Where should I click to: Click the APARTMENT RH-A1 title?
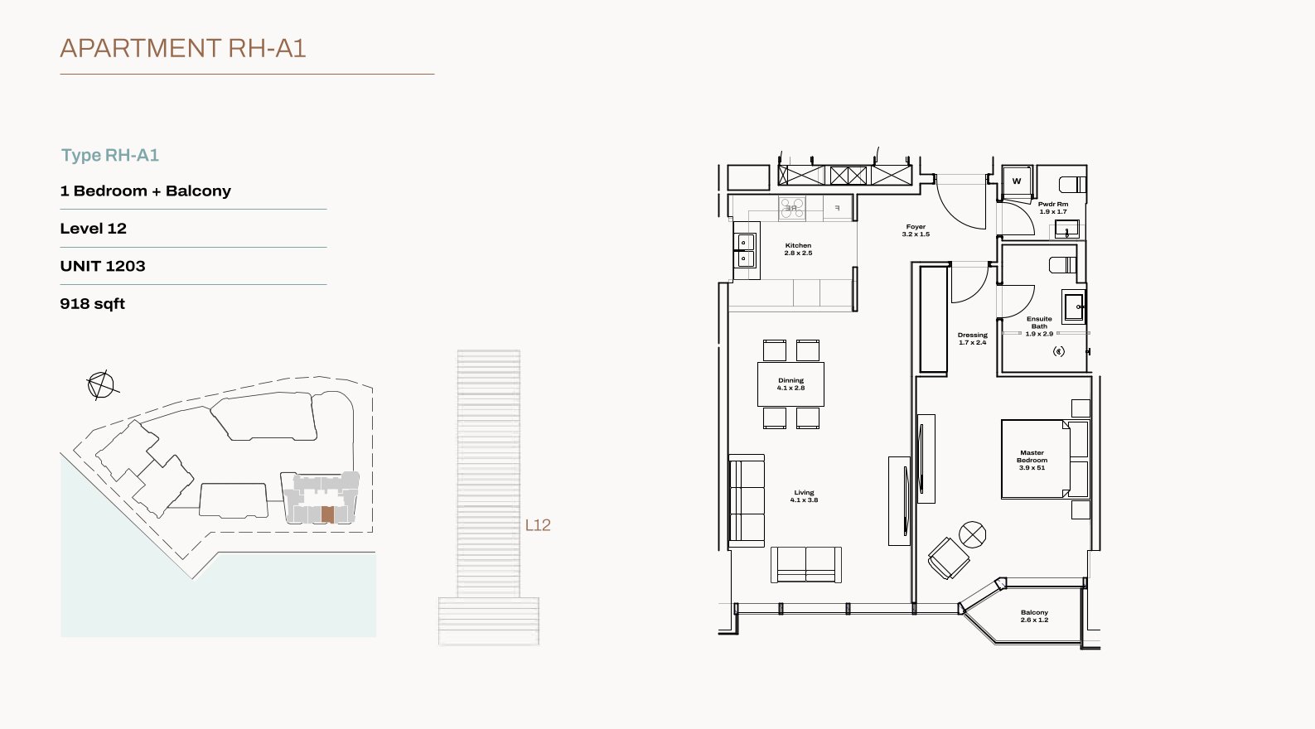183,48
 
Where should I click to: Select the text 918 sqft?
92,303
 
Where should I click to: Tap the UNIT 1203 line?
103,266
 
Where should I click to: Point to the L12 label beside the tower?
538,525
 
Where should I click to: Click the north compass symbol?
101,385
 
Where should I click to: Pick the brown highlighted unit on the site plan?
327,514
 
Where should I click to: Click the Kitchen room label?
799,249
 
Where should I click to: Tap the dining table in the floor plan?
790,384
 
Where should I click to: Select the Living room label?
804,496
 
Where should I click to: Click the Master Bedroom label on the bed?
1032,460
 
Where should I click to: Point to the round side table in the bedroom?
972,534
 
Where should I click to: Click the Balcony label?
1034,616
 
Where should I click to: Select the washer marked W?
1017,181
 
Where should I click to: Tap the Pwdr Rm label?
1053,208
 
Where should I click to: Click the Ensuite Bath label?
1039,326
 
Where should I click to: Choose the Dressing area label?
973,339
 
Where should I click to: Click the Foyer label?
916,230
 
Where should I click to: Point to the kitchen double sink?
746,251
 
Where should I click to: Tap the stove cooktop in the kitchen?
792,209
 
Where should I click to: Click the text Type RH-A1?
110,155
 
